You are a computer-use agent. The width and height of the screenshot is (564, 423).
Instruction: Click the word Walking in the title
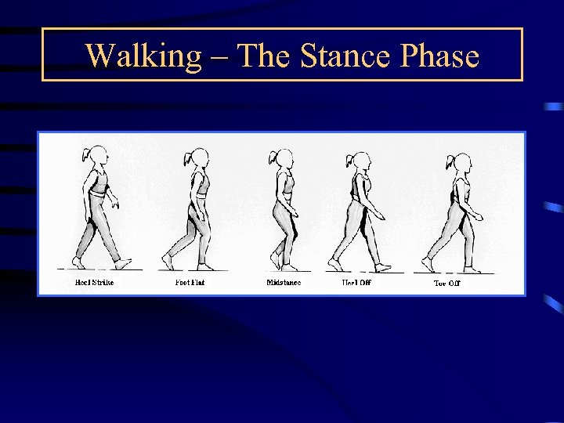coord(143,56)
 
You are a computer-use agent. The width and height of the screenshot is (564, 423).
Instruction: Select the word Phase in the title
coord(439,56)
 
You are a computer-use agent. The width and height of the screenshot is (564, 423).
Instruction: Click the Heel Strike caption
coord(94,282)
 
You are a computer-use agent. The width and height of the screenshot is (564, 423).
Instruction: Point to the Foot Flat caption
coord(190,282)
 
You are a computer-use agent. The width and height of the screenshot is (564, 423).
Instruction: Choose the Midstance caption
coord(284,282)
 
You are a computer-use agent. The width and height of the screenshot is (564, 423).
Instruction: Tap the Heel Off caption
coord(356,282)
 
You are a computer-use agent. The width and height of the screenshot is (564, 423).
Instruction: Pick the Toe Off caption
coord(447,283)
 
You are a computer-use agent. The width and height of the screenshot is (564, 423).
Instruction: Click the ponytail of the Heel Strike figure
coord(88,154)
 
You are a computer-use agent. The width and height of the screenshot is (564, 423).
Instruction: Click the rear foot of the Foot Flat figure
coord(168,261)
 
